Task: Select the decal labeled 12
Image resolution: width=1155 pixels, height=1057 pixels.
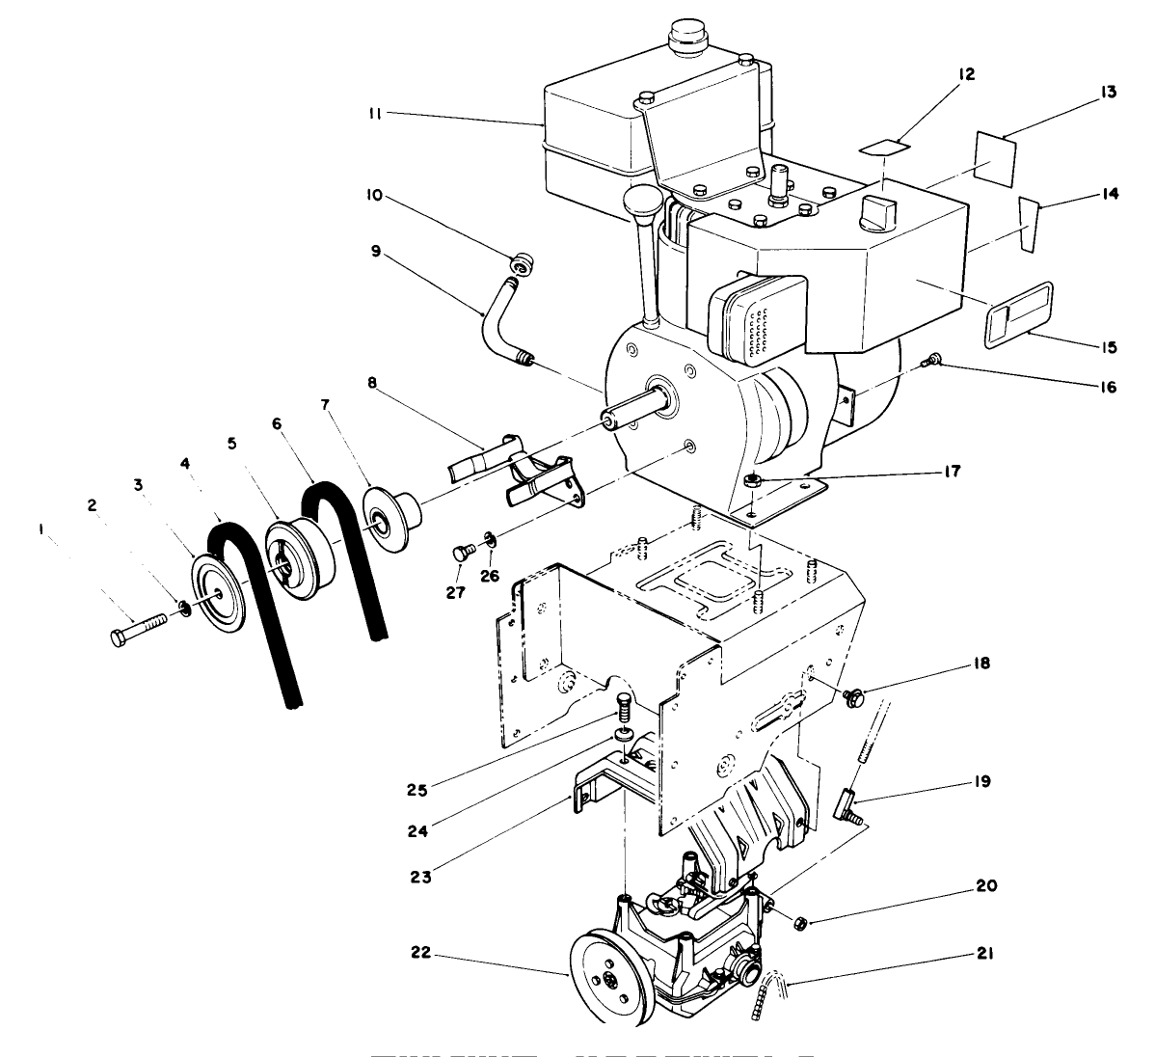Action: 886,146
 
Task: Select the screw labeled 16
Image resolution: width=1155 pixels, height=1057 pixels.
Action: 932,361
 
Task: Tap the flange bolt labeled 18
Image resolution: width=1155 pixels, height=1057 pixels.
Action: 851,696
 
